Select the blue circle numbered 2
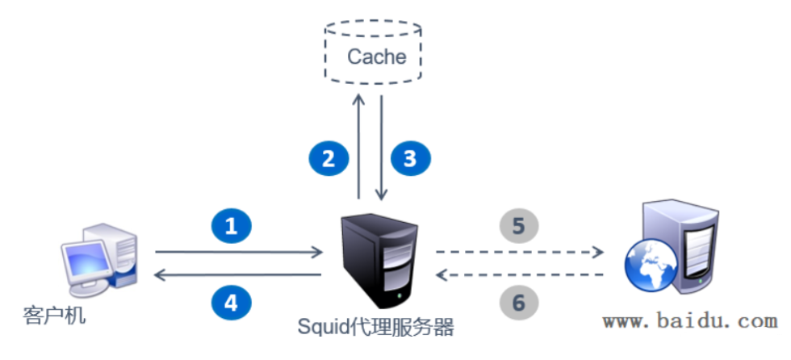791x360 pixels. pos(328,158)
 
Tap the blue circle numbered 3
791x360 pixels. pos(410,158)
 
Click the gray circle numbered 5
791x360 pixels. pos(519,226)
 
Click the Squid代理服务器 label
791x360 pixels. pos(375,327)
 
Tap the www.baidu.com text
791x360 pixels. pos(689,321)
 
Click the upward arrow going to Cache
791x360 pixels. pos(358,145)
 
